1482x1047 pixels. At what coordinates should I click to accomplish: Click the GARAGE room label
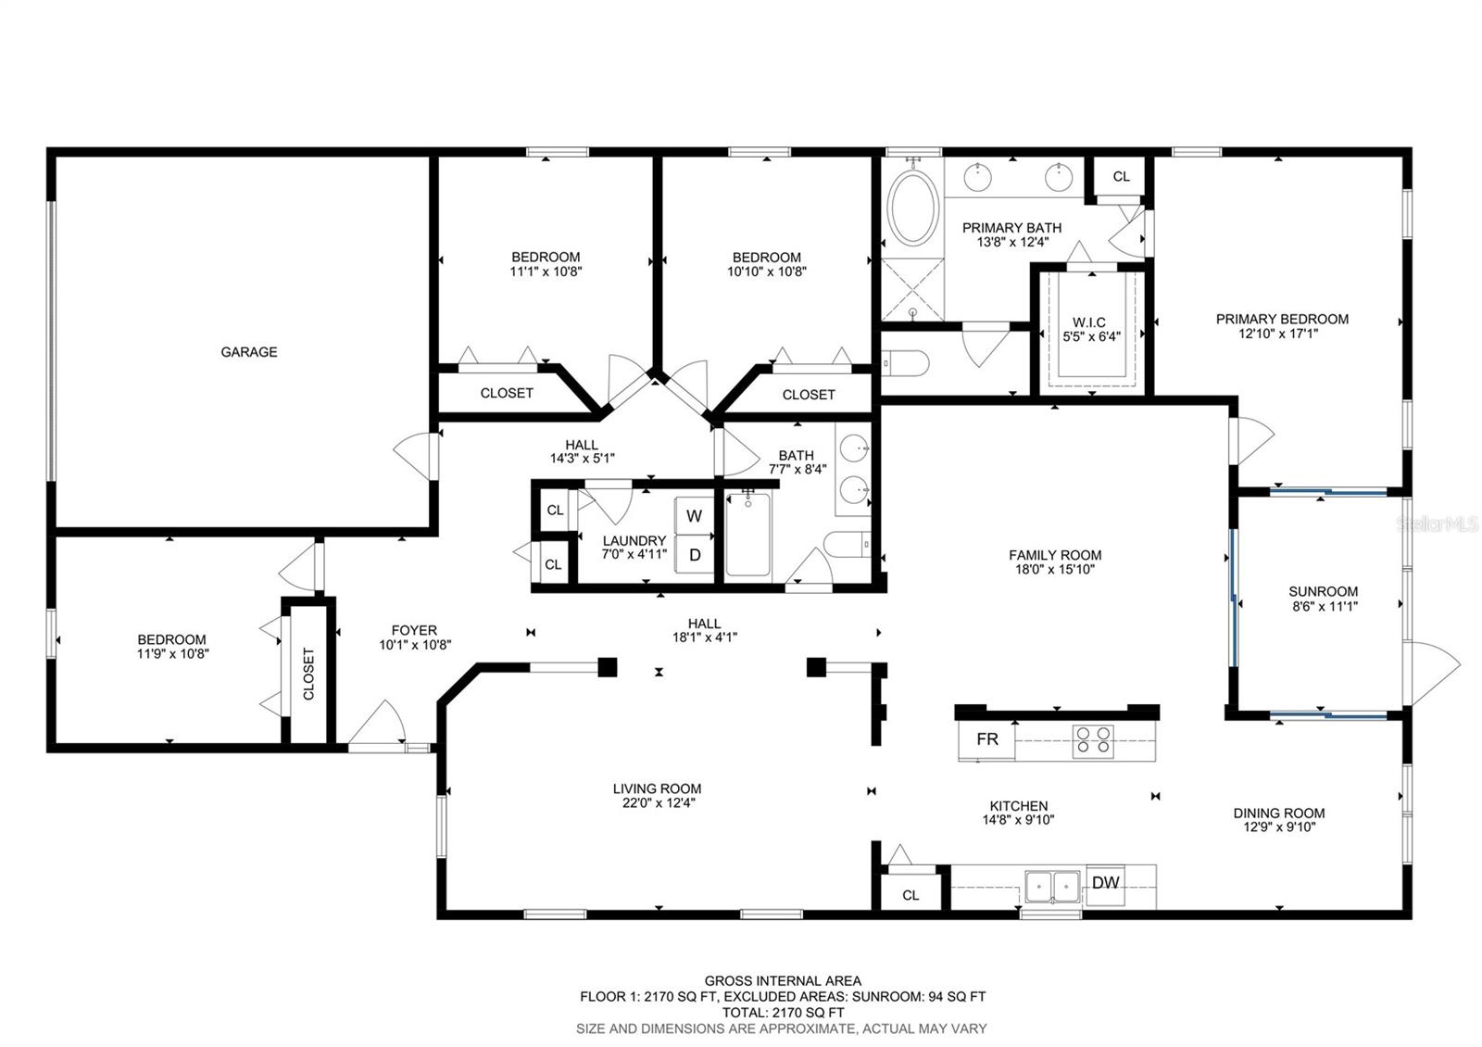click(249, 352)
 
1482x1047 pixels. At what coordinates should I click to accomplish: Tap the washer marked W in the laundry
click(694, 515)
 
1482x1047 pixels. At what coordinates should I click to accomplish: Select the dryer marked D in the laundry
click(694, 555)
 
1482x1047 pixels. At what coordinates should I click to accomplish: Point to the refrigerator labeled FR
click(986, 739)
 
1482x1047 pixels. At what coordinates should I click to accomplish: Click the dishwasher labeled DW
click(1105, 883)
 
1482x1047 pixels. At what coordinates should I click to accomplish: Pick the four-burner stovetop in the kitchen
click(1093, 740)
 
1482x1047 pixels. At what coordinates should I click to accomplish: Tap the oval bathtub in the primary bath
click(913, 208)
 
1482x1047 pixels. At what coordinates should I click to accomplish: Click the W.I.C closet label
click(1089, 322)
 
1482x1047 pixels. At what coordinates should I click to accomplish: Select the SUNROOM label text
click(1324, 592)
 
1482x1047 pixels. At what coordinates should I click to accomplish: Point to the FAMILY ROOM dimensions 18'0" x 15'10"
click(1055, 569)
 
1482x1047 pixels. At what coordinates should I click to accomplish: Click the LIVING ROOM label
click(657, 788)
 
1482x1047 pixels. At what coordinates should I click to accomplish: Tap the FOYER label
click(414, 630)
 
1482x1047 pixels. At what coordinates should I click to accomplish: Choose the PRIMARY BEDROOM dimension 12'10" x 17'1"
click(1282, 334)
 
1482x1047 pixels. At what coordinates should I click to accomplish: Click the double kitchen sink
click(1052, 886)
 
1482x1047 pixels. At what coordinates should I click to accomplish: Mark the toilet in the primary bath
click(907, 362)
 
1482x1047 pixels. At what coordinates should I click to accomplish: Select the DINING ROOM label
click(1279, 813)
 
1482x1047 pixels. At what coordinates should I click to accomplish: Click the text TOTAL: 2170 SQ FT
click(783, 1012)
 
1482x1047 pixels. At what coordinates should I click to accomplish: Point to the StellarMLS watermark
click(1437, 524)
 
